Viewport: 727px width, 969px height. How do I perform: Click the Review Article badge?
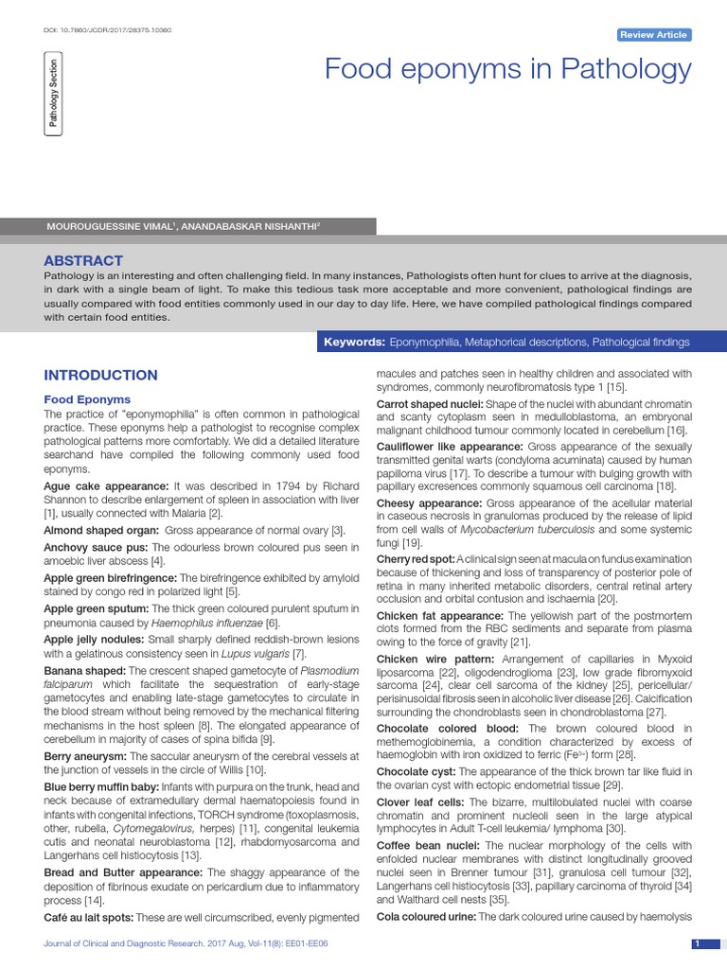pyautogui.click(x=654, y=35)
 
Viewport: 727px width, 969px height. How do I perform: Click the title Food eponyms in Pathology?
pyautogui.click(x=508, y=69)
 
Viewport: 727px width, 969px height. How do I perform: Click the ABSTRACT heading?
pyautogui.click(x=84, y=260)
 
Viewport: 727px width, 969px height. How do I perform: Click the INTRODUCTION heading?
pyautogui.click(x=101, y=376)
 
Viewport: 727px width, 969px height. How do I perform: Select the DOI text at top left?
pyautogui.click(x=108, y=29)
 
